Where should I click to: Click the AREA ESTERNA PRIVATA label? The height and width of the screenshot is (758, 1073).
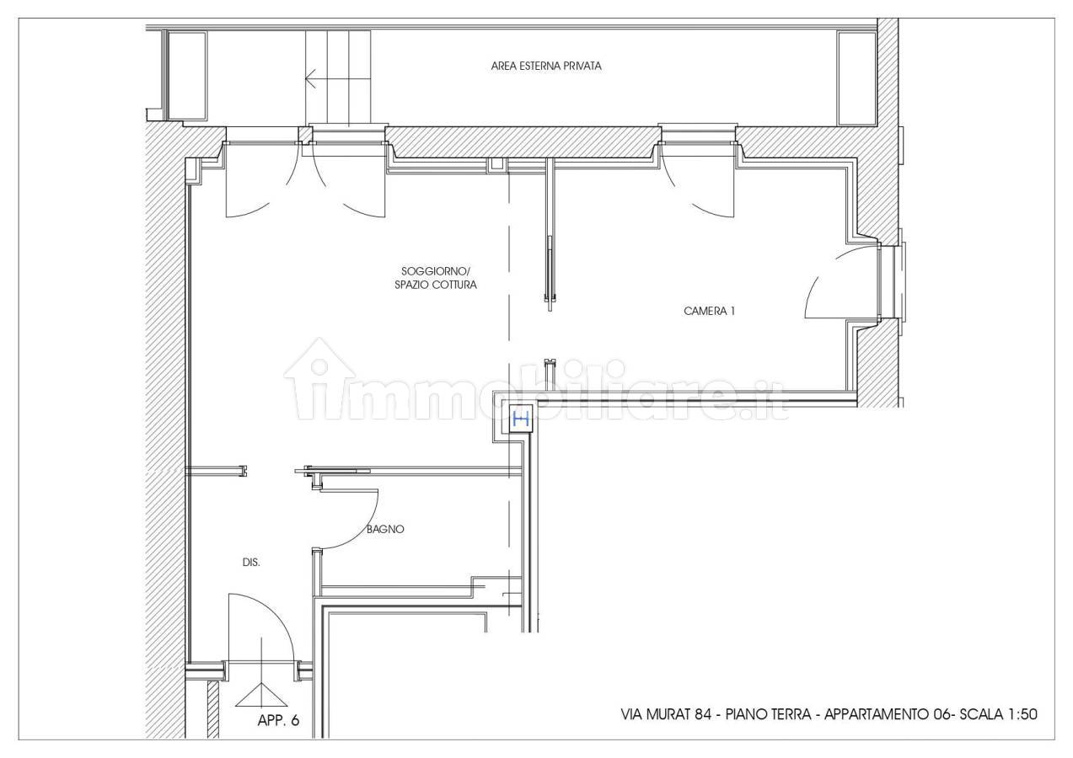[546, 66]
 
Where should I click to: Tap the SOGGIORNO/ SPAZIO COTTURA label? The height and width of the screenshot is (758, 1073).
[436, 278]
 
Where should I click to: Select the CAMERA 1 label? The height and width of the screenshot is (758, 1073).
[709, 311]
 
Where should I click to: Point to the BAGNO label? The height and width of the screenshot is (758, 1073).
[385, 529]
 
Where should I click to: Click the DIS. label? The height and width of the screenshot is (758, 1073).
[251, 563]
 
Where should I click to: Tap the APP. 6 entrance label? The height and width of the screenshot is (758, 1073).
[278, 720]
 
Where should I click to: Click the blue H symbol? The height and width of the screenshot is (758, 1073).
[521, 419]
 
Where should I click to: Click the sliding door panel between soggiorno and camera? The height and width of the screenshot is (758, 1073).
[550, 270]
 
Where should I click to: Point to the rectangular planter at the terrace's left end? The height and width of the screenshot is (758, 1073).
[187, 76]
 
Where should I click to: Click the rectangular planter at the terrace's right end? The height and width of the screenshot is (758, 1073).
[856, 78]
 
